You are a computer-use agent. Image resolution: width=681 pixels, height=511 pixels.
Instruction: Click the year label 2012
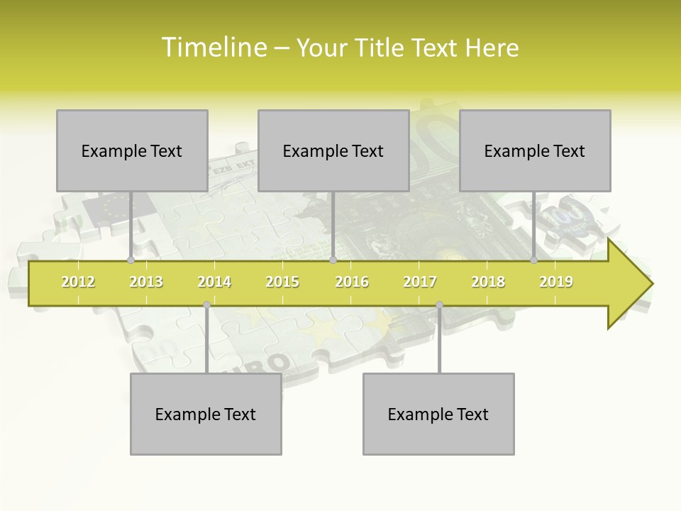pos(78,282)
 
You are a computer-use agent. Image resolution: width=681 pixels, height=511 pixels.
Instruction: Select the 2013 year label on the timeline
pos(146,282)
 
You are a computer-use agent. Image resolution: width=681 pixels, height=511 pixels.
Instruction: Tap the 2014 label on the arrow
pos(214,282)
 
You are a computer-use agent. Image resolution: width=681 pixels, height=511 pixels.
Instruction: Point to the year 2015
pos(282,282)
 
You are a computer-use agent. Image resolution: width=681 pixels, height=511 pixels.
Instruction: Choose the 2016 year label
pos(352,282)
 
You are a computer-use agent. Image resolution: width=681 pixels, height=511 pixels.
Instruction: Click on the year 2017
pos(420,282)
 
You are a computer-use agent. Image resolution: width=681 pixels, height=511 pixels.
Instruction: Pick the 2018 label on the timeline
pos(488,282)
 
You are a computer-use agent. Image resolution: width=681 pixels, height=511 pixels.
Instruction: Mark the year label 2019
pos(556,282)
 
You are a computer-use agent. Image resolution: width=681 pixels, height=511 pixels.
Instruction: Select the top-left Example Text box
pos(132,150)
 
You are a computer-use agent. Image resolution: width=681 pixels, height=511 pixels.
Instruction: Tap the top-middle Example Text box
pos(333,150)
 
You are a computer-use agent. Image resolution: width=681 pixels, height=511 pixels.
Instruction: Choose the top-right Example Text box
pos(535,150)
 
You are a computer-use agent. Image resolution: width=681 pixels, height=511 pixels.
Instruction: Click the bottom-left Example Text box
pos(206,414)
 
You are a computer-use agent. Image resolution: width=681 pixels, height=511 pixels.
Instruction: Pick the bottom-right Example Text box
pos(438,414)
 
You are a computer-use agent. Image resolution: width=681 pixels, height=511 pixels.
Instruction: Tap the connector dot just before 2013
pos(131,260)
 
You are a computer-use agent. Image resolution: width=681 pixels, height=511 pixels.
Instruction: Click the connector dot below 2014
pos(206,305)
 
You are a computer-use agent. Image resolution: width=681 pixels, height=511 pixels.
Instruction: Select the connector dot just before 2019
pos(533,260)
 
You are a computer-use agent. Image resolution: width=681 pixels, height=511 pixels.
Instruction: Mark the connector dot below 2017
pos(439,305)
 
